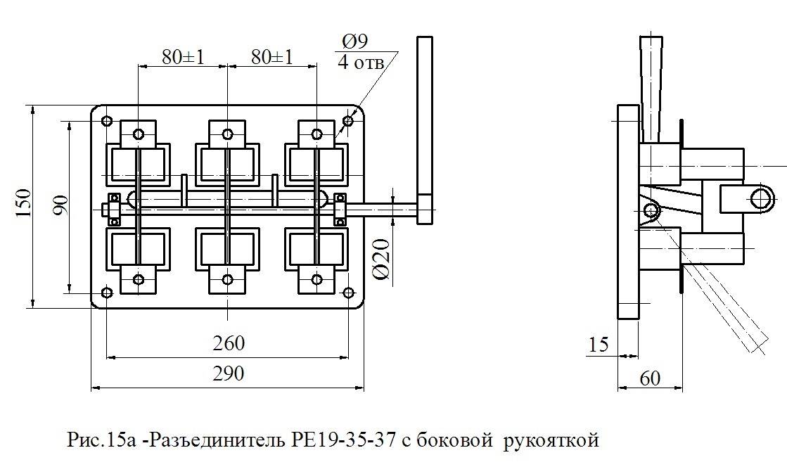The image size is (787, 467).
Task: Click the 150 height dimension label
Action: click(x=24, y=203)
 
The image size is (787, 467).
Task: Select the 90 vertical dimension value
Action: click(x=60, y=205)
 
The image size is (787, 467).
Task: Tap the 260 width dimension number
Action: click(x=229, y=343)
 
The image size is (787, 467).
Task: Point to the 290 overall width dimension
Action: click(x=229, y=373)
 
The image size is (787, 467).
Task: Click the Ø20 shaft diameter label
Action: click(x=381, y=259)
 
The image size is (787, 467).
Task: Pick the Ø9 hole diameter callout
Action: click(x=355, y=41)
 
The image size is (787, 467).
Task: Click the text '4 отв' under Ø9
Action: click(x=361, y=63)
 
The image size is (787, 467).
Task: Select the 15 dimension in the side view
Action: click(x=599, y=345)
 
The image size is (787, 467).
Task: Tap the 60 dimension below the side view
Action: click(x=650, y=378)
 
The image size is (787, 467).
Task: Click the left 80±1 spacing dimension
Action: click(x=183, y=57)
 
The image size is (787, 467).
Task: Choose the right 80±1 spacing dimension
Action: click(x=272, y=57)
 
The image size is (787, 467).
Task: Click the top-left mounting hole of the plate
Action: click(x=107, y=121)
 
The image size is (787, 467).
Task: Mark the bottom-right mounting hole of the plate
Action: click(x=348, y=293)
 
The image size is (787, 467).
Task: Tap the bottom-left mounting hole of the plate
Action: click(x=107, y=293)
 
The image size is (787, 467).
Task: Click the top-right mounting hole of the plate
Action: click(x=348, y=121)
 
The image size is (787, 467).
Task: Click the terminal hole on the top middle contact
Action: click(x=227, y=134)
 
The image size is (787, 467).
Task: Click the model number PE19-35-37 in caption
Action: click(x=343, y=440)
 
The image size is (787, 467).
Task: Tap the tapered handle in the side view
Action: click(x=651, y=89)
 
